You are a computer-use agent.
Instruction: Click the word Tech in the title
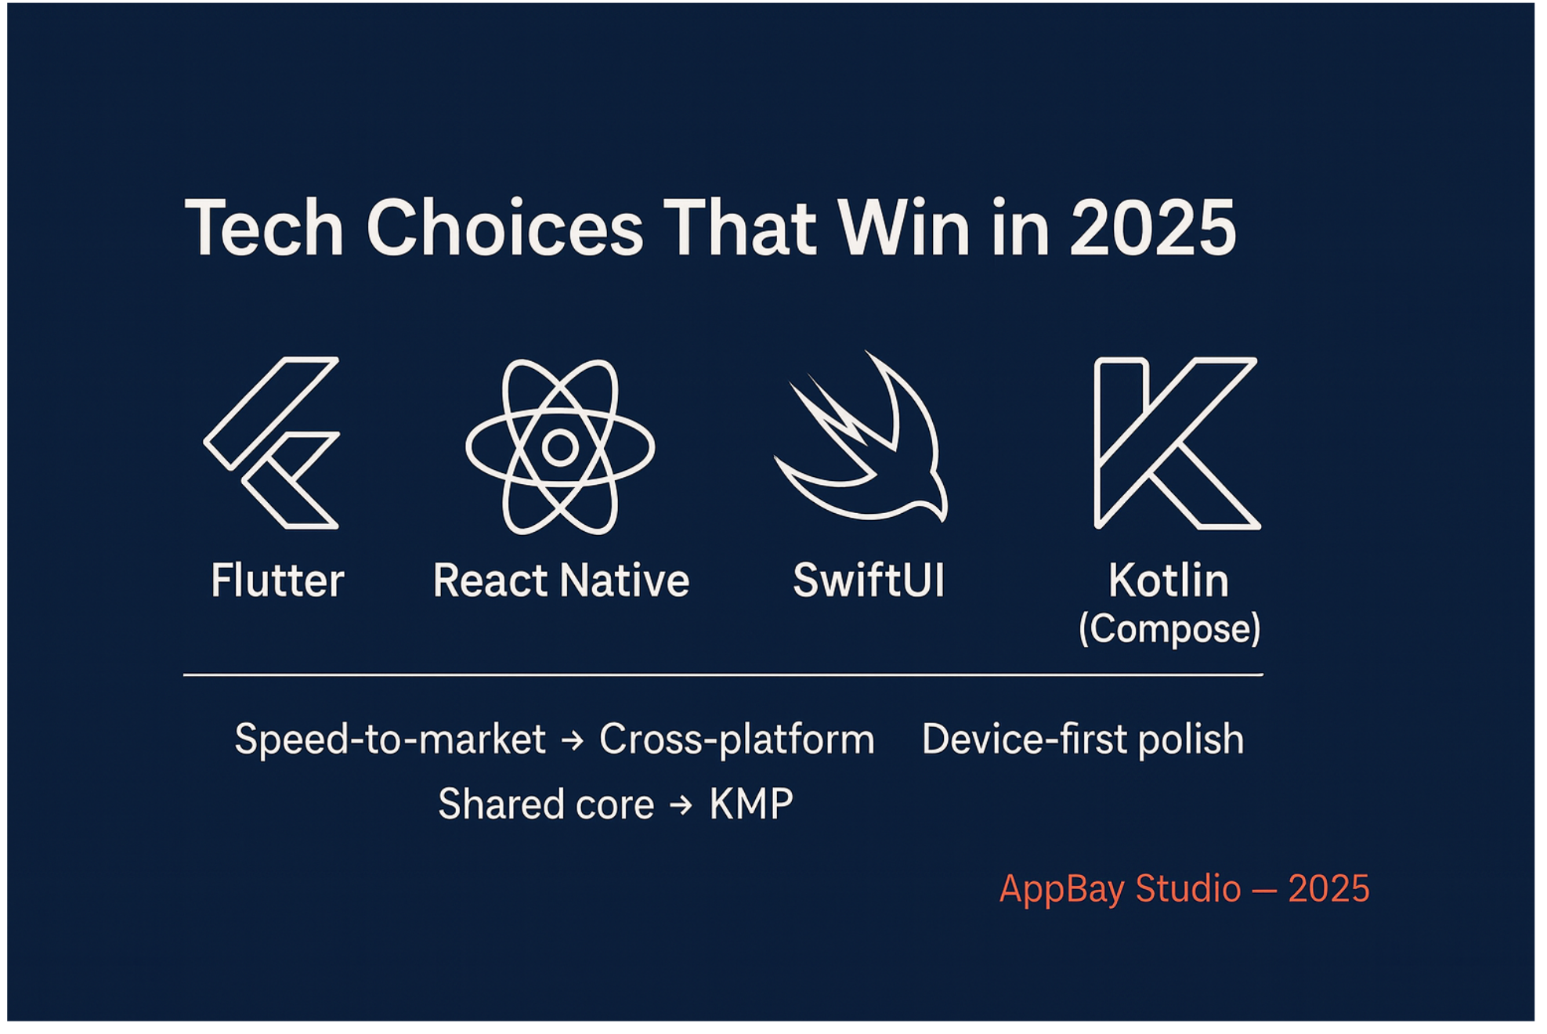click(x=264, y=228)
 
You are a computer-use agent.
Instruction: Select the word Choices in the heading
click(x=504, y=228)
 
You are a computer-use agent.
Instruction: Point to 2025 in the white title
click(x=1153, y=228)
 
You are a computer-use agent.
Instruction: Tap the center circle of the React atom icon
click(x=560, y=447)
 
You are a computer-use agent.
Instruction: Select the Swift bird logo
click(x=862, y=439)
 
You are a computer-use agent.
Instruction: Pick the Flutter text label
click(x=277, y=580)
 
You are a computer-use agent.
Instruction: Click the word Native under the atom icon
click(x=624, y=580)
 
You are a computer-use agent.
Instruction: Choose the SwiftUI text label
click(x=869, y=580)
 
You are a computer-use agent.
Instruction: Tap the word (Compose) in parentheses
click(x=1169, y=629)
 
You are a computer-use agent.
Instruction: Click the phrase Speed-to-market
click(x=390, y=739)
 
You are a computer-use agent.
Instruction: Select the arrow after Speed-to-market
click(x=573, y=740)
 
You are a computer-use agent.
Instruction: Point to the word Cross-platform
click(x=737, y=739)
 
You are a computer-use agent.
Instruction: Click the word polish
click(x=1191, y=739)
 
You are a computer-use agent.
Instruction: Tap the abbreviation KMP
click(x=751, y=804)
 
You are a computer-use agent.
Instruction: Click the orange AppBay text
click(x=1062, y=889)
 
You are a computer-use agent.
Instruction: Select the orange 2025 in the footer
click(x=1328, y=888)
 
